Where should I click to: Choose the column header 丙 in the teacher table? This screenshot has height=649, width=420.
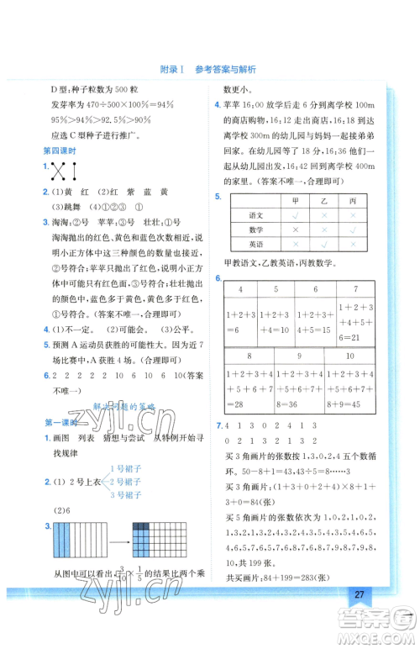coord(353,201)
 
